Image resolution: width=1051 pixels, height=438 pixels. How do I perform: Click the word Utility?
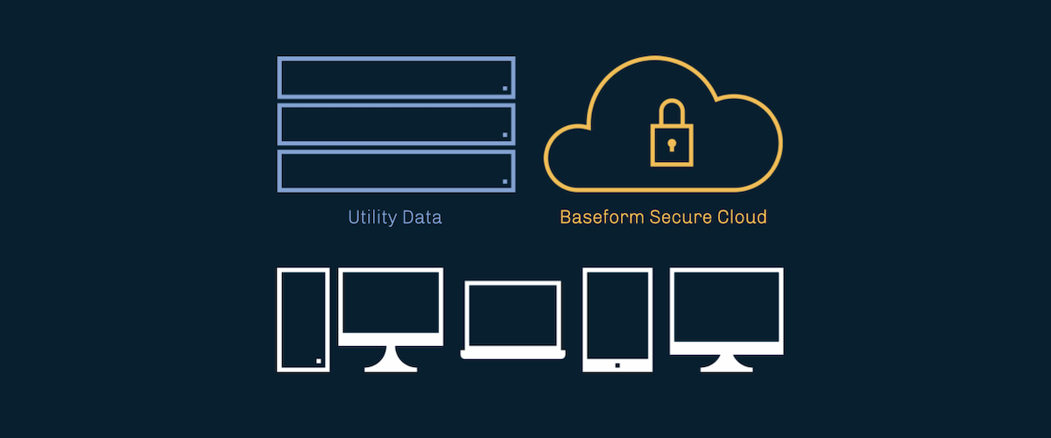(371, 216)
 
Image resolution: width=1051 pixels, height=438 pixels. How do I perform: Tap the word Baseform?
(602, 216)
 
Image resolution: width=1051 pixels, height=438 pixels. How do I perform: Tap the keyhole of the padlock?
(671, 144)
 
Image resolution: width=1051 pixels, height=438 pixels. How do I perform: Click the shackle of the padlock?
(671, 111)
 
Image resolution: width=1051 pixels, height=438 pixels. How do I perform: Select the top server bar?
(396, 77)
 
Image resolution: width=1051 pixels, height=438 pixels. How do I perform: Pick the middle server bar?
(396, 124)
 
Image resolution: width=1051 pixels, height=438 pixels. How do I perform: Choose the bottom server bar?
(396, 170)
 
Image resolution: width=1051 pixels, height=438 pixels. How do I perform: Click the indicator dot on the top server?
(505, 88)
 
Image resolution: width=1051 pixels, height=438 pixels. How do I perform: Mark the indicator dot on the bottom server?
(505, 180)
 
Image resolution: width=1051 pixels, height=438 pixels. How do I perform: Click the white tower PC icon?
(303, 320)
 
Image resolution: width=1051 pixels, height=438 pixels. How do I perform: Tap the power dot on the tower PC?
(319, 361)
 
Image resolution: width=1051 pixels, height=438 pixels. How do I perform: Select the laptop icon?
(512, 320)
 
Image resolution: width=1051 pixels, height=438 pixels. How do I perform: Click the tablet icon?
(617, 320)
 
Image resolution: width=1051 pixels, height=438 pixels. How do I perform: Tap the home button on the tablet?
(617, 364)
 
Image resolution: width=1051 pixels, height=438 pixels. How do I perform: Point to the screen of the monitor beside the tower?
(391, 302)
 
